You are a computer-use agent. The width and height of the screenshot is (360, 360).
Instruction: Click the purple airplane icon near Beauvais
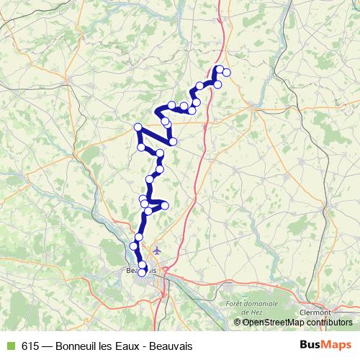158,251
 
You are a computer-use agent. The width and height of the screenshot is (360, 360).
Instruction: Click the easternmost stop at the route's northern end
227,72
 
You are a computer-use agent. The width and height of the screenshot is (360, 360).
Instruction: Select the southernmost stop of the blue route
142,272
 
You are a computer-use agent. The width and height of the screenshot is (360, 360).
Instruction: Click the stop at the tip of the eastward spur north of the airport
165,206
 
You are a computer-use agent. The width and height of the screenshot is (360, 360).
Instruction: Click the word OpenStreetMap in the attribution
274,322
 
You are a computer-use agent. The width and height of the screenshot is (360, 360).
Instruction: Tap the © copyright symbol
238,322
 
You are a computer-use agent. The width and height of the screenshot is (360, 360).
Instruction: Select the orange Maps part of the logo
338,346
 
